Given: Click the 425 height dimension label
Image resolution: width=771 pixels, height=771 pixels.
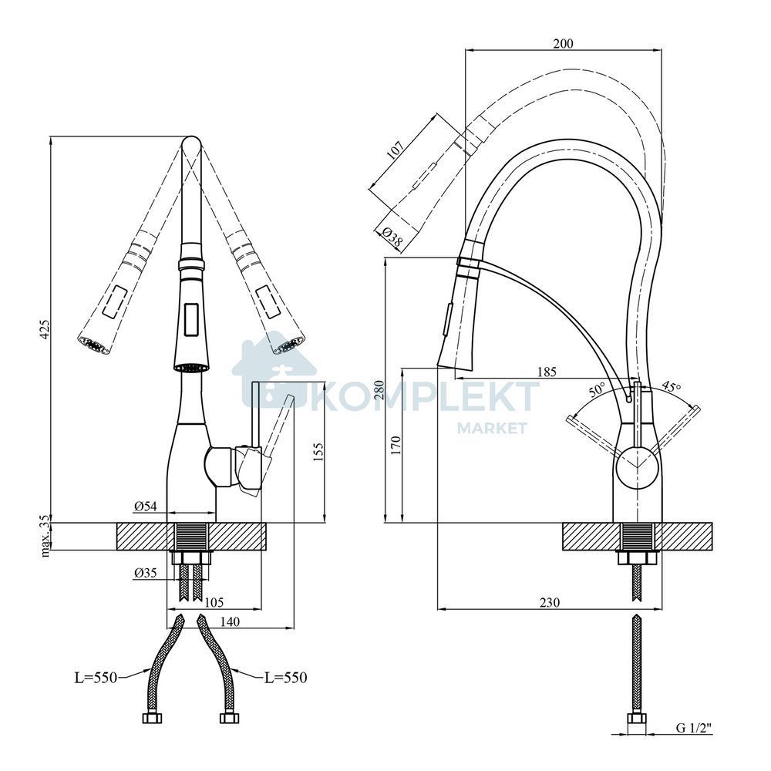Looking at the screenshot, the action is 45,329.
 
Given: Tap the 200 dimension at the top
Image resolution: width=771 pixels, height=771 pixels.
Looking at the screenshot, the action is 563,44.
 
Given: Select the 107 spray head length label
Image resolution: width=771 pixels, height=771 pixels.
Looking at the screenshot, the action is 396,150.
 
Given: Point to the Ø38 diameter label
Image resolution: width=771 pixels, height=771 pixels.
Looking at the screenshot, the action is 392,237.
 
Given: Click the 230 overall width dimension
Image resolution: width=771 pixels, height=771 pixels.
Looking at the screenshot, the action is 549,602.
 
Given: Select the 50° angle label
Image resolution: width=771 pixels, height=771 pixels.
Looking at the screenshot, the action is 598,390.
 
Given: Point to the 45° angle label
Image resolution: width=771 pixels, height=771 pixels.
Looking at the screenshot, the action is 671,386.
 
